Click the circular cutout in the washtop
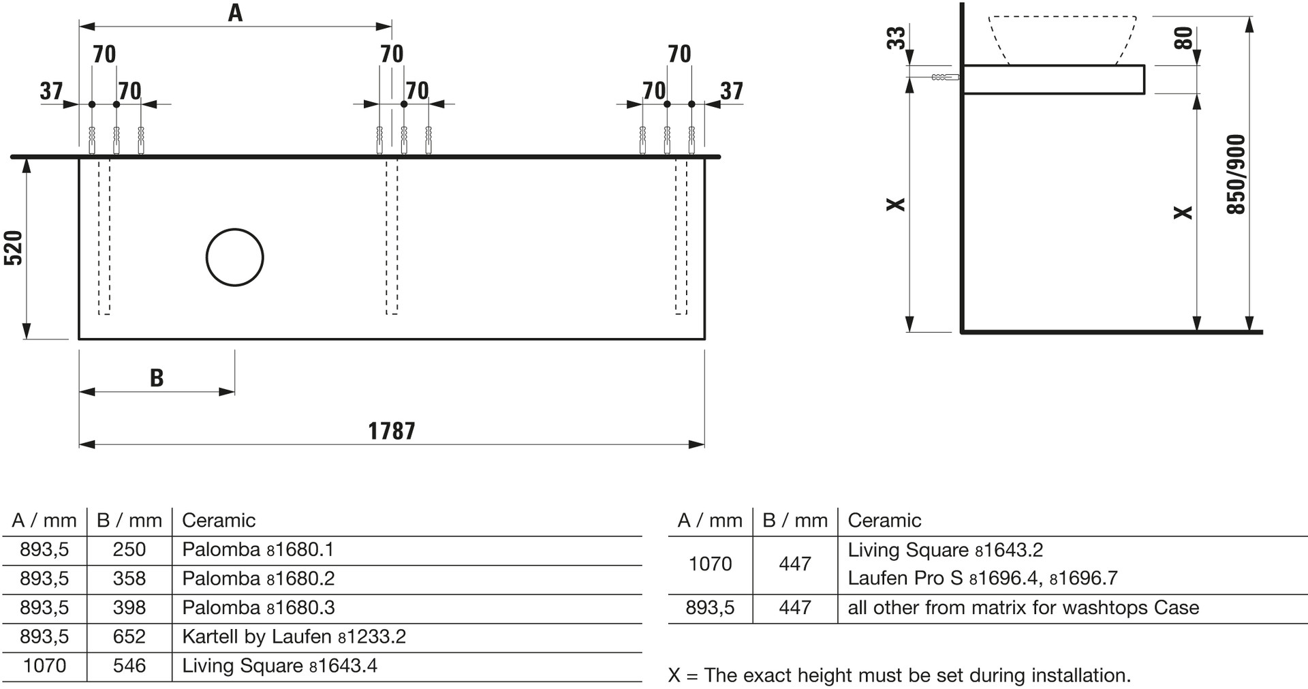(x=235, y=257)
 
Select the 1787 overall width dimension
(x=392, y=431)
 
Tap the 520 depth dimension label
(x=14, y=248)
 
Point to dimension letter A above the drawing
(x=235, y=13)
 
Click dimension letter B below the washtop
(x=157, y=378)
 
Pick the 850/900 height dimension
(x=1236, y=174)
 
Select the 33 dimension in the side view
(x=897, y=37)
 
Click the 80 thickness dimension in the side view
(x=1184, y=37)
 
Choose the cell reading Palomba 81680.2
(x=258, y=579)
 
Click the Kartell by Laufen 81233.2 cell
(x=294, y=637)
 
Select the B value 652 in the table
(x=129, y=637)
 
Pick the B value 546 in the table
(x=129, y=666)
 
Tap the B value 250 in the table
(x=129, y=549)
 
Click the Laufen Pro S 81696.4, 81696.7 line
(x=982, y=579)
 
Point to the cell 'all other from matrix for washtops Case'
(x=1023, y=608)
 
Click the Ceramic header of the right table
(x=884, y=521)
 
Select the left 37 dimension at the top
(x=51, y=91)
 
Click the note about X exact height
(x=899, y=675)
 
